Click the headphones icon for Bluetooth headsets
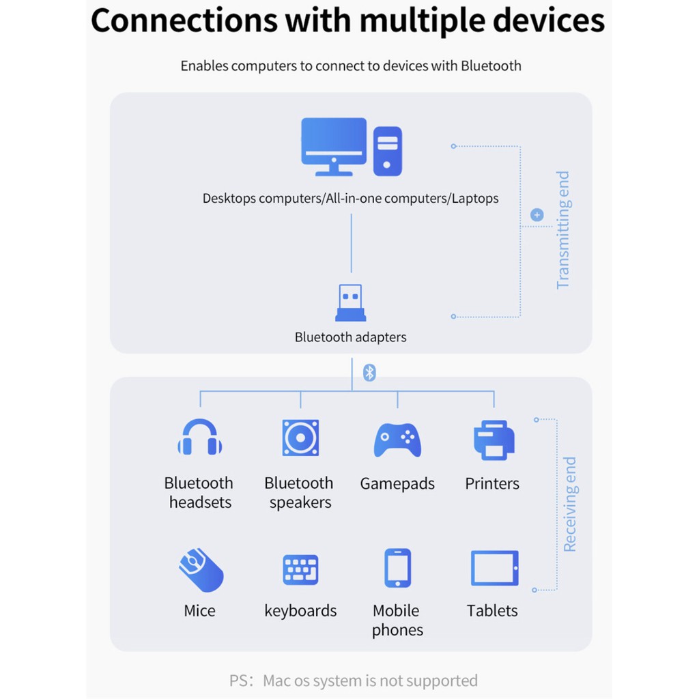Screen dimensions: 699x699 200,438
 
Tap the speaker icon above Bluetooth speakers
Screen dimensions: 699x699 300,438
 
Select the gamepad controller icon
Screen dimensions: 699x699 397,440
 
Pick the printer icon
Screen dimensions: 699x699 494,440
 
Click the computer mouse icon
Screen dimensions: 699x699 201,570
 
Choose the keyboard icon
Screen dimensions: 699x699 300,570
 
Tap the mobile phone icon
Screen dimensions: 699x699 397,568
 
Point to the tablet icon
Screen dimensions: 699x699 494,568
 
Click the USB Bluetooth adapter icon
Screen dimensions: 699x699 351,303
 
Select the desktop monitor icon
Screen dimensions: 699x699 334,145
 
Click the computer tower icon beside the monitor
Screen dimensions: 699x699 387,151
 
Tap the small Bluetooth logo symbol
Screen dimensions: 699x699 369,373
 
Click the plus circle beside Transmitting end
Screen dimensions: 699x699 537,215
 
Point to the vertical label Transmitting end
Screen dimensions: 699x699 562,230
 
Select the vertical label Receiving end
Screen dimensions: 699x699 569,504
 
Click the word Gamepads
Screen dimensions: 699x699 397,484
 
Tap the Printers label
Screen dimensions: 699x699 492,484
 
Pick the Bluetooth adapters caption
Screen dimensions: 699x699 350,337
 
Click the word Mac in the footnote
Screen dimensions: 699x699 277,681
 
